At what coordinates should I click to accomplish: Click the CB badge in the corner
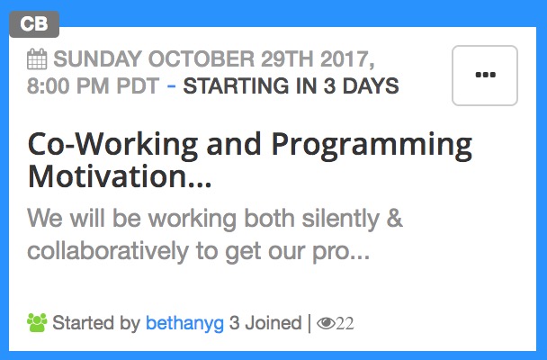coord(34,23)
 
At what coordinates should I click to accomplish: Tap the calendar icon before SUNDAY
coord(38,60)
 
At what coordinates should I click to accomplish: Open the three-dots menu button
coord(484,76)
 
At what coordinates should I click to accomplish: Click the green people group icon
coord(37,321)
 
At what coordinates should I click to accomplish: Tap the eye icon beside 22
coord(326,322)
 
